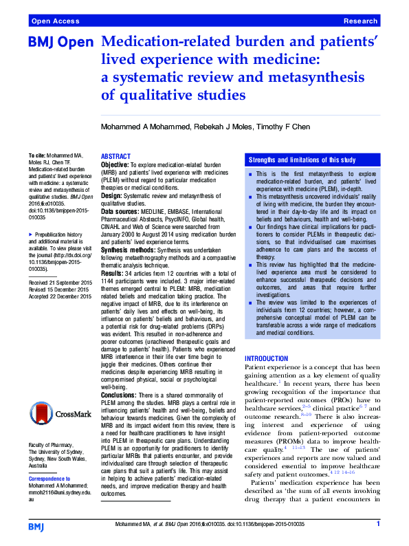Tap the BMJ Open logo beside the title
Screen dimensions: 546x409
[x=60, y=43]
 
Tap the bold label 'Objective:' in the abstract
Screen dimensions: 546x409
[x=115, y=165]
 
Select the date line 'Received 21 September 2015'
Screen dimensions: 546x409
[x=60, y=301]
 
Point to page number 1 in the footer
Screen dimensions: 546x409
[x=378, y=524]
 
